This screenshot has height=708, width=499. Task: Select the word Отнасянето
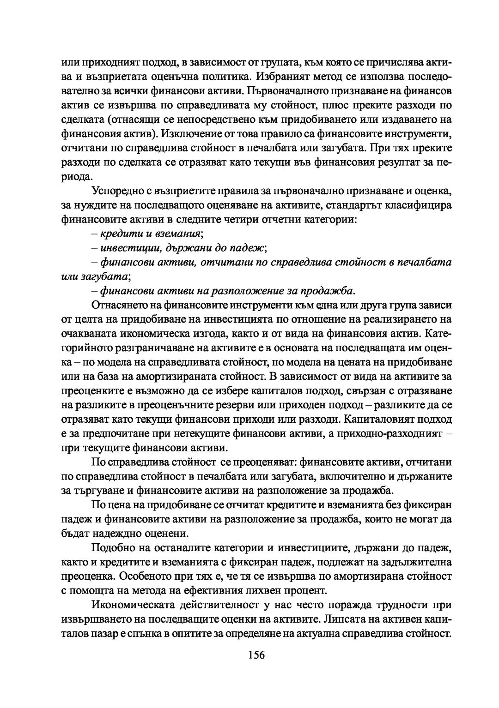pyautogui.click(x=121, y=305)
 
